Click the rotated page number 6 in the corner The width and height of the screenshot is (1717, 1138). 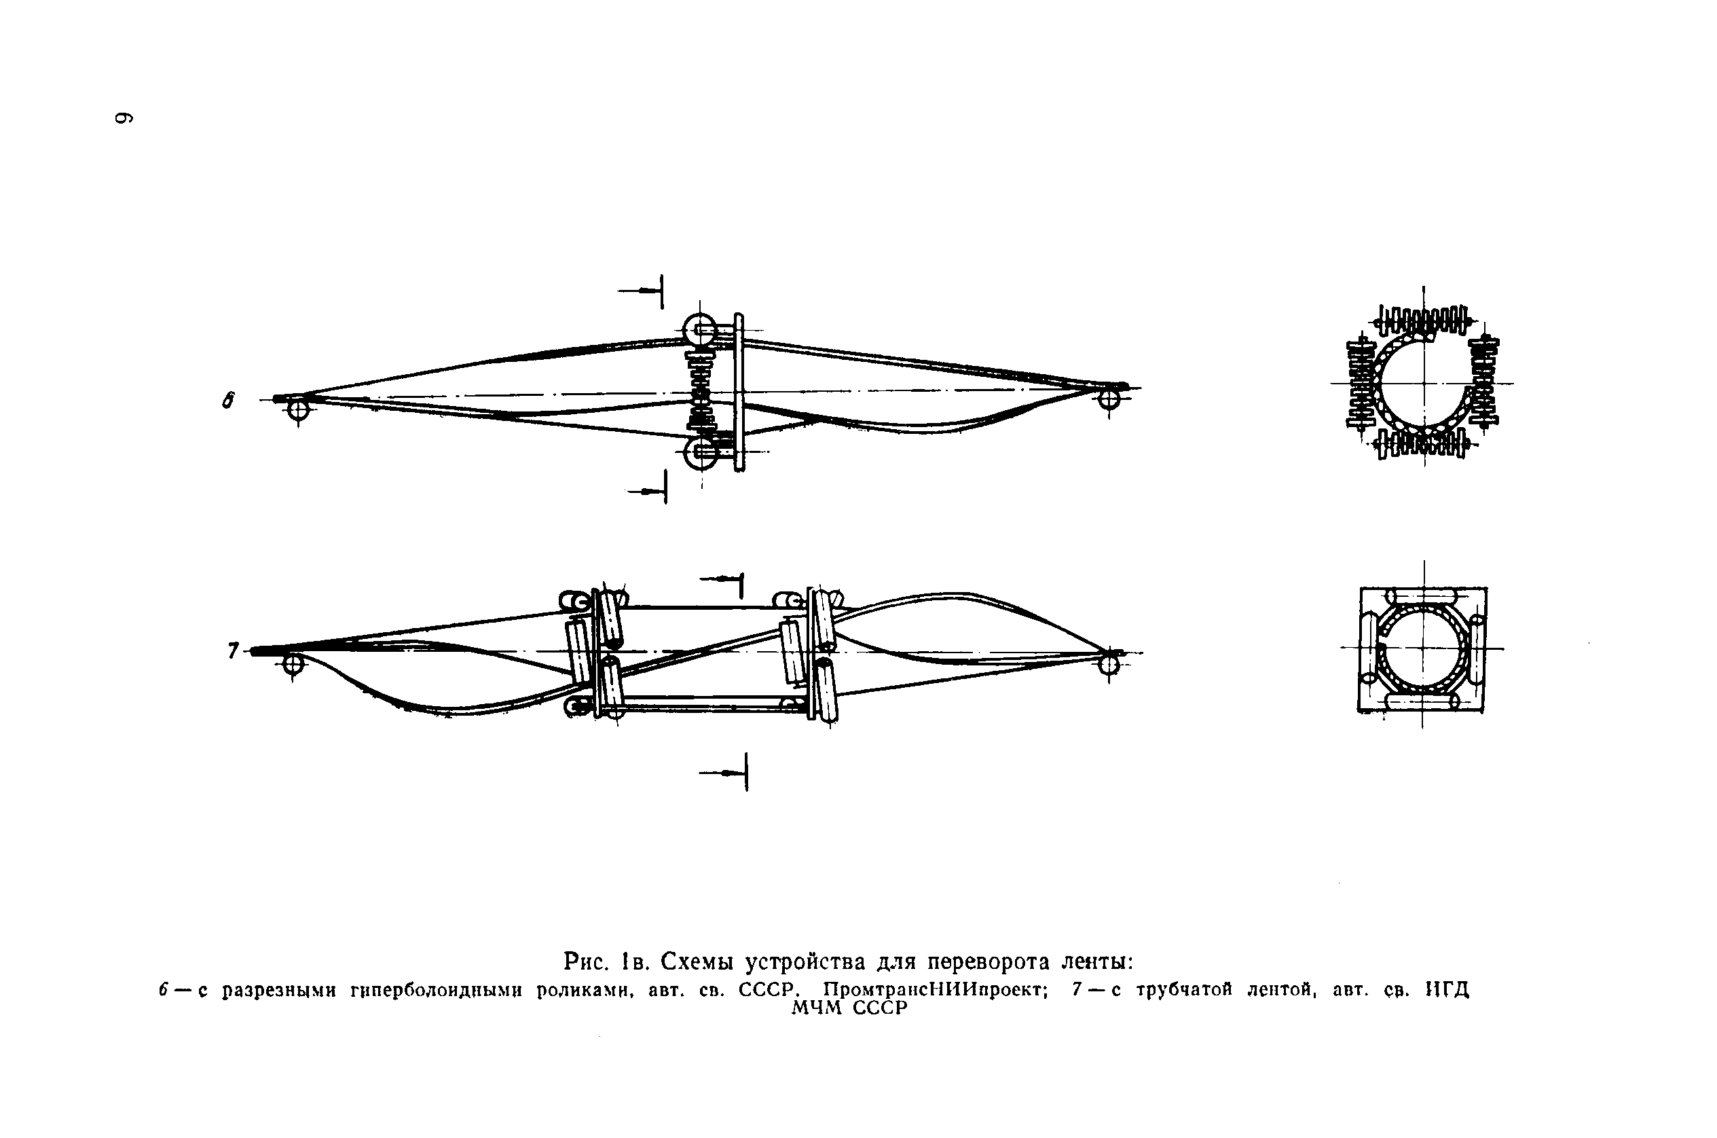124,117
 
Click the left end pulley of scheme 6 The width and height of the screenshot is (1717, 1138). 297,410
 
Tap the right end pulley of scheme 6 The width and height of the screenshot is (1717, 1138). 1108,399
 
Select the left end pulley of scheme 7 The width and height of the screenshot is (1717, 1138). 293,663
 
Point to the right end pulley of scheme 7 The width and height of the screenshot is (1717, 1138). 1109,663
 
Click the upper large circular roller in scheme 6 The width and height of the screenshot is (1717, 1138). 700,329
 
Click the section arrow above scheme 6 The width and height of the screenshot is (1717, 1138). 642,291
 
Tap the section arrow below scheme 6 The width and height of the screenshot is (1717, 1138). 648,492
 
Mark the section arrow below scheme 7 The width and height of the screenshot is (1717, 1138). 725,773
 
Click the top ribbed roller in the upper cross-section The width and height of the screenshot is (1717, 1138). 1422,320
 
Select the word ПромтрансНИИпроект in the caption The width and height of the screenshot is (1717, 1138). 935,990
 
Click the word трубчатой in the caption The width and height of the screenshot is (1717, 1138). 1184,990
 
